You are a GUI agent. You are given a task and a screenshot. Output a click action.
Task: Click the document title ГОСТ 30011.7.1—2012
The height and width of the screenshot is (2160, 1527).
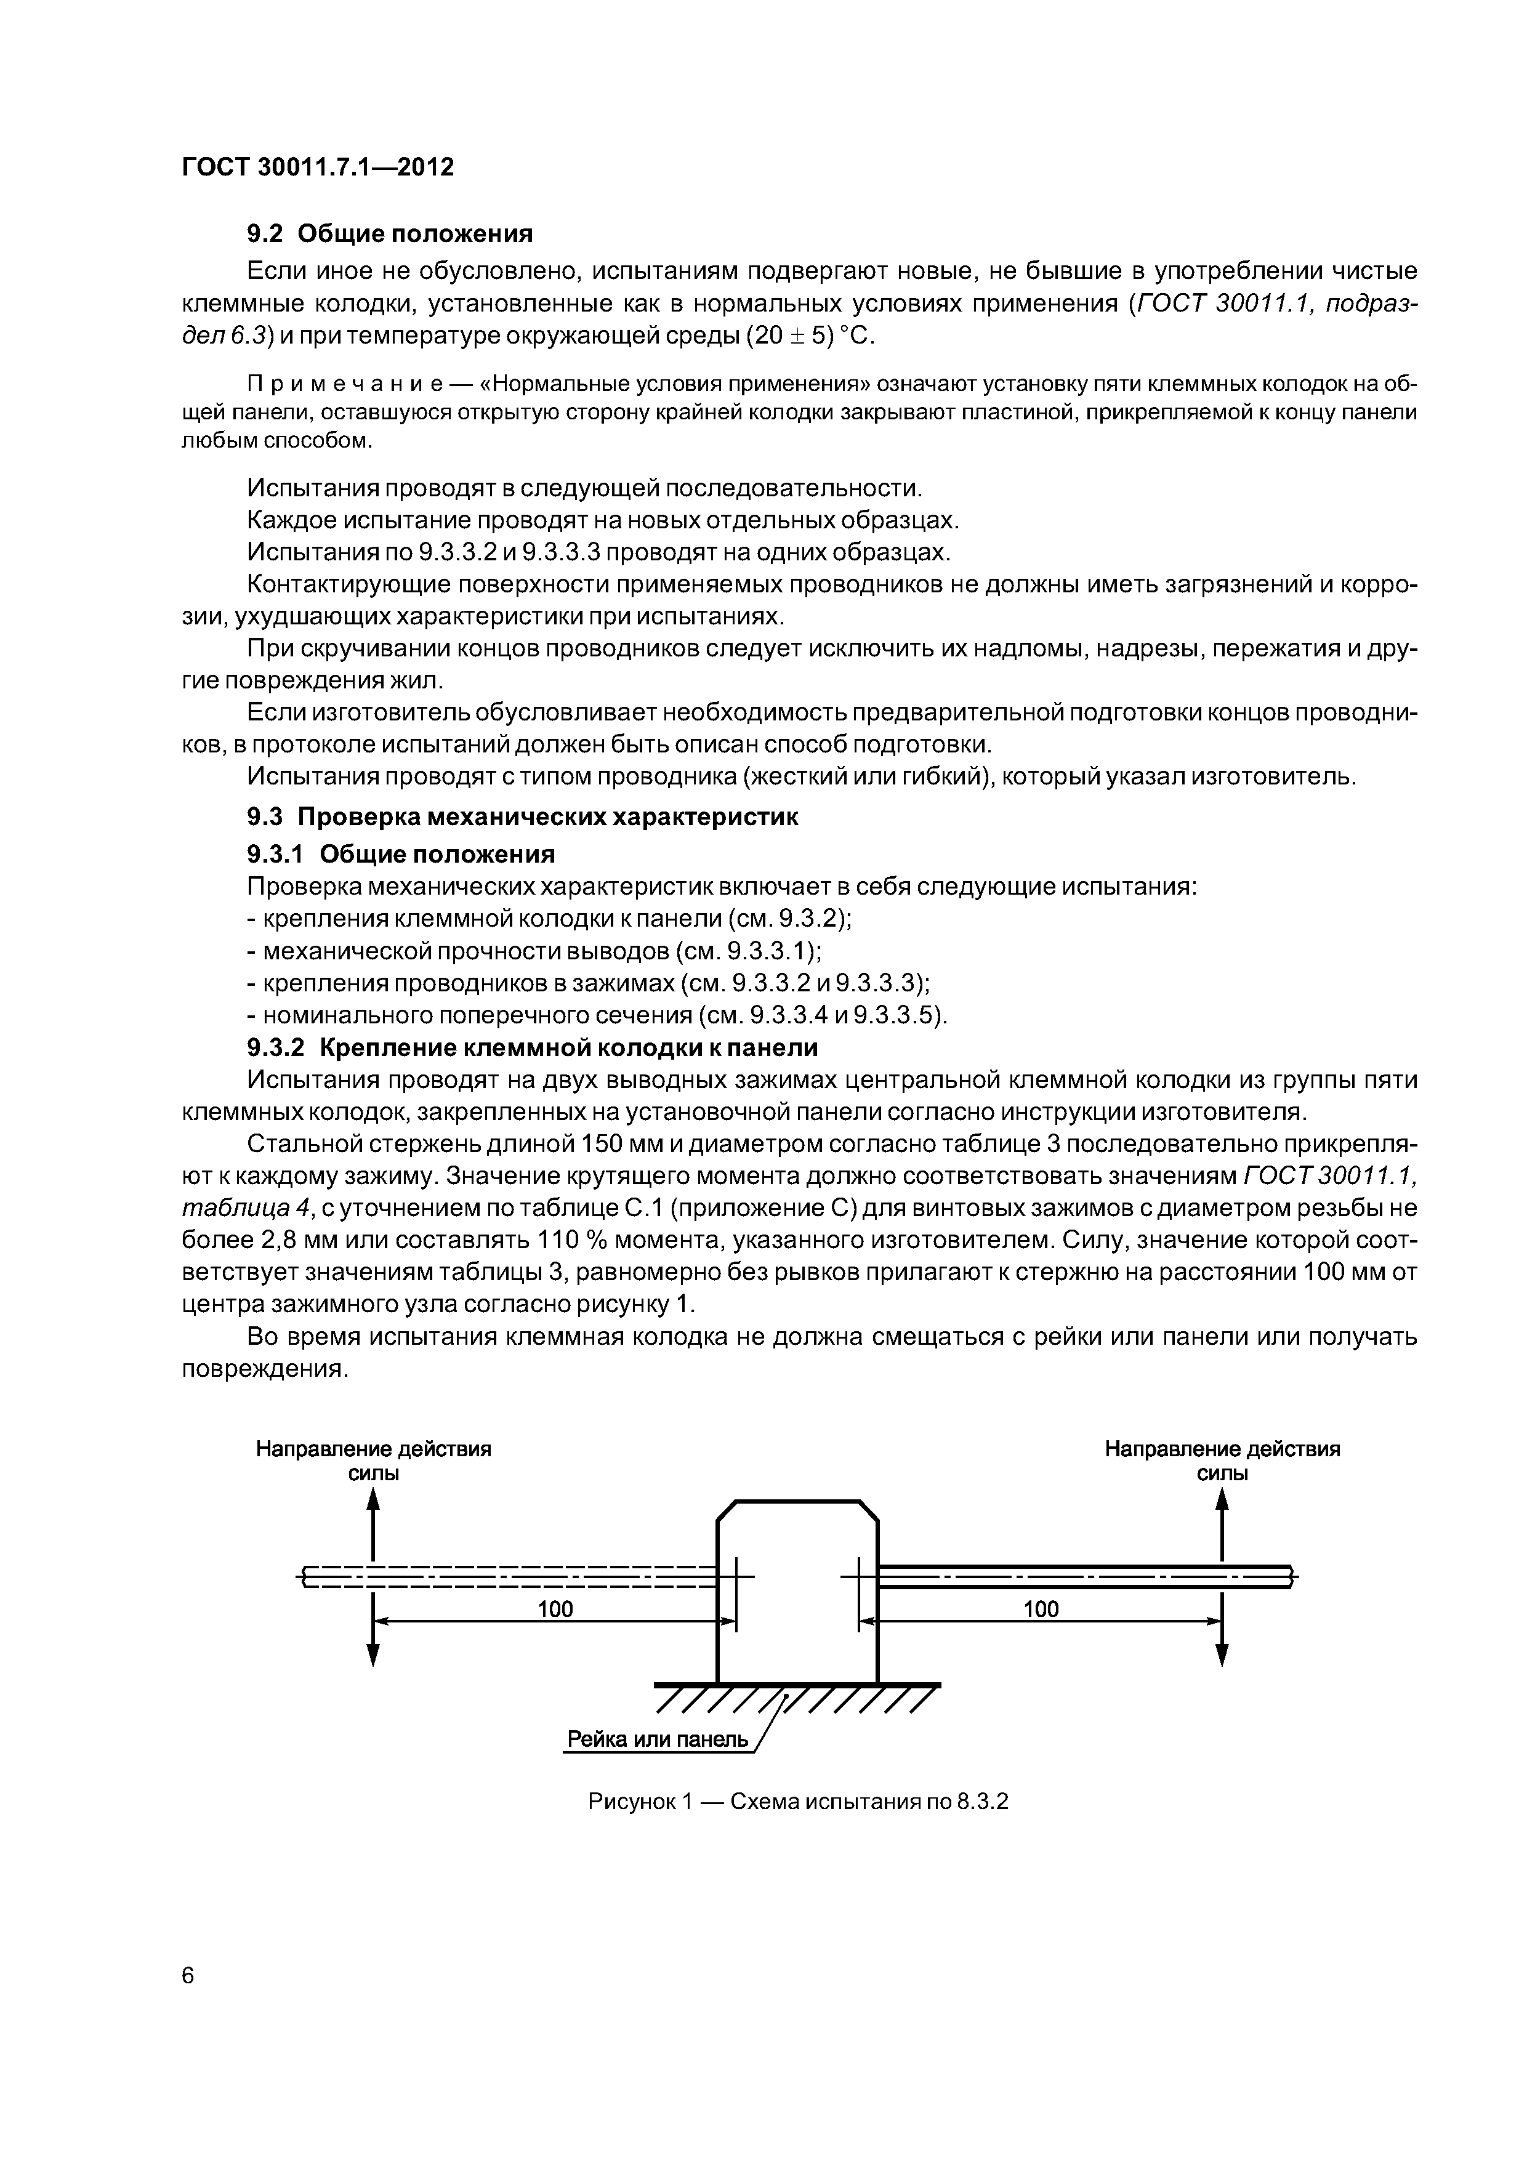click(x=317, y=167)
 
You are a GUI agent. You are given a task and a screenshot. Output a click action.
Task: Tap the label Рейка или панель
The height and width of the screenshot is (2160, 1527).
click(x=657, y=1739)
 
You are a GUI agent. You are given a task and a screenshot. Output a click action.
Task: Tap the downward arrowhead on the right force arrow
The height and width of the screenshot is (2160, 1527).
click(x=1222, y=1655)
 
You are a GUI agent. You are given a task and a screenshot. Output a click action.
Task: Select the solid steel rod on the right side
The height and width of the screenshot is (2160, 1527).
click(x=1082, y=1576)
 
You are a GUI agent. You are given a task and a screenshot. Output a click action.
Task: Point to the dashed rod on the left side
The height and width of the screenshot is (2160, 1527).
click(x=508, y=1576)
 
